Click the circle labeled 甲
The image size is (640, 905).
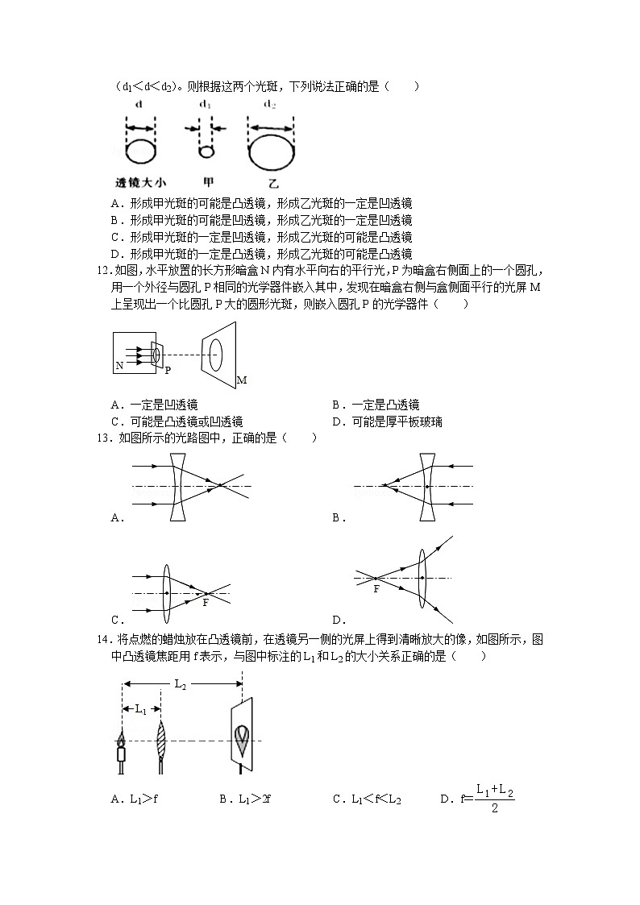[x=206, y=152]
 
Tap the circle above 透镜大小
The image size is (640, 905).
[x=141, y=151]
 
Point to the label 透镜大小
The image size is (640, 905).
[x=141, y=181]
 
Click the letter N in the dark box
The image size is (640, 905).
[x=119, y=365]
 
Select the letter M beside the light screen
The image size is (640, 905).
[x=241, y=380]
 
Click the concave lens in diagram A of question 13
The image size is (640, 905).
[x=178, y=487]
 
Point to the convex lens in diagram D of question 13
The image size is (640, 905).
[x=422, y=578]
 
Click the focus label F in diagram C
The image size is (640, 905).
[x=206, y=603]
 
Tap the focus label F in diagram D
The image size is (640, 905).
[x=376, y=589]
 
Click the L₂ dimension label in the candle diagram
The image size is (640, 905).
[x=181, y=684]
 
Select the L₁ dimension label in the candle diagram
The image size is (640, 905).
[x=140, y=709]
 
